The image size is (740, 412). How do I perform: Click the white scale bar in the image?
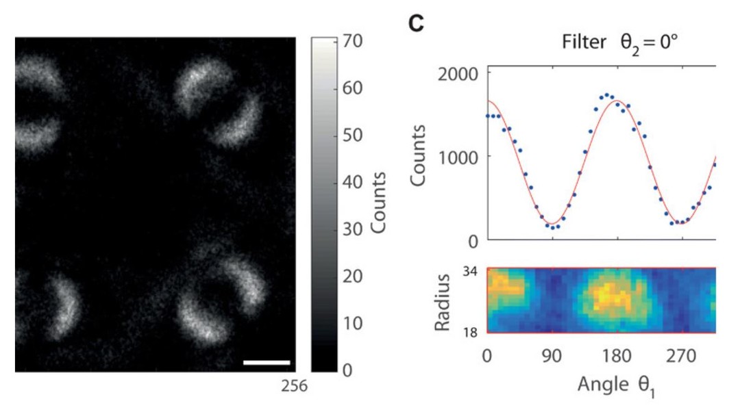(x=267, y=363)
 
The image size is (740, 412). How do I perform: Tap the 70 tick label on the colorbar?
(x=353, y=41)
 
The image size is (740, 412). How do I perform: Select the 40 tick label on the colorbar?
(x=353, y=182)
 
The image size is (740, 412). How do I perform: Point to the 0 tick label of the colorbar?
(x=348, y=370)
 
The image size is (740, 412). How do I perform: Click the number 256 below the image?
(x=294, y=386)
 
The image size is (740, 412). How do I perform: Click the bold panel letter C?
(x=417, y=23)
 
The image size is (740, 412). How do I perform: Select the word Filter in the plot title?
(x=584, y=42)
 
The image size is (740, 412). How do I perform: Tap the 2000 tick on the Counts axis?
(x=458, y=74)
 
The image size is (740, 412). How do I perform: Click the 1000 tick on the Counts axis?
(x=458, y=157)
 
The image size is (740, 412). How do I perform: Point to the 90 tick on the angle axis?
(x=552, y=355)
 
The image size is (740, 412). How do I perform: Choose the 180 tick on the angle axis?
(x=617, y=355)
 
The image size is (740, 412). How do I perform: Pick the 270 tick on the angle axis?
(x=682, y=355)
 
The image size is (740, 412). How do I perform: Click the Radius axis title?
(x=442, y=302)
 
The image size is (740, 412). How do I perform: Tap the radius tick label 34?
(x=469, y=272)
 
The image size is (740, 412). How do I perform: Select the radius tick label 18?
(x=469, y=333)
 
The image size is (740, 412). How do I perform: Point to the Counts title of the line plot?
(x=418, y=155)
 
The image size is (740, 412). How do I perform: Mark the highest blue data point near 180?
(x=607, y=94)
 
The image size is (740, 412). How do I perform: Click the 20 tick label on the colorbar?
(x=353, y=276)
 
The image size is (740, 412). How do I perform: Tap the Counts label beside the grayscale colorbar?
(x=378, y=203)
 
